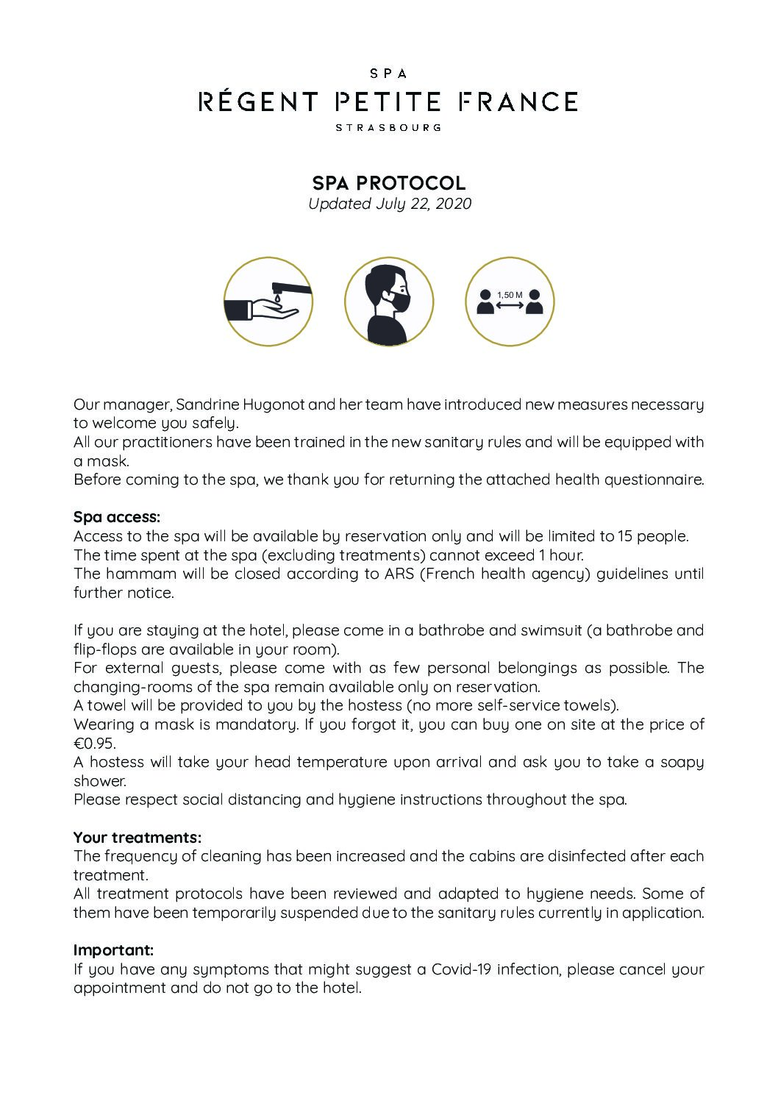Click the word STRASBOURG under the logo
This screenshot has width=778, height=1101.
(x=388, y=127)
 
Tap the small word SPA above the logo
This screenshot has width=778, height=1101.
(x=388, y=74)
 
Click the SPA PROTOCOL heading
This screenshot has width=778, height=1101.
(x=389, y=182)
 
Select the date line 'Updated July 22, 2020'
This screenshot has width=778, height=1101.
(x=389, y=204)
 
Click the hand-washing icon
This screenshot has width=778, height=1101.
(x=268, y=302)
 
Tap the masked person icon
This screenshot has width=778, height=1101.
(x=389, y=302)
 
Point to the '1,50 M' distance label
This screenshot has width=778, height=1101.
(x=510, y=295)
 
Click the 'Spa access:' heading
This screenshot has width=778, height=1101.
(x=116, y=517)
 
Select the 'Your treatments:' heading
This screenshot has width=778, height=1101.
(x=137, y=837)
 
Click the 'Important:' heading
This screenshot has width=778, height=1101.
(x=113, y=950)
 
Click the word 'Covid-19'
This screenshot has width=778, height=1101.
(x=462, y=969)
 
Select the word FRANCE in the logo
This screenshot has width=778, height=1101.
(x=518, y=101)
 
